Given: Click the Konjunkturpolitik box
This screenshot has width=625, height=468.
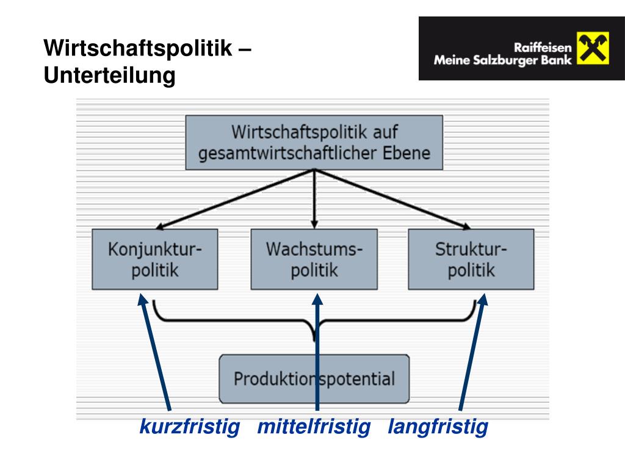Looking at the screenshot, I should point(154,259).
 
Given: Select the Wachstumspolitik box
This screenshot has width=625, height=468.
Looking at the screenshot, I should point(314,259).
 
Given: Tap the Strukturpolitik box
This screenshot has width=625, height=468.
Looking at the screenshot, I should point(471,259).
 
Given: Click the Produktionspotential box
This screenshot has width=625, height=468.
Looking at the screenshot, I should point(314,378).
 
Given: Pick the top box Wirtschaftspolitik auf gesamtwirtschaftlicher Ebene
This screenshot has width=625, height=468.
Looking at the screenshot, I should point(314,142).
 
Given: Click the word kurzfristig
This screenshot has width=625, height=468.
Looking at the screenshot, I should point(189,427).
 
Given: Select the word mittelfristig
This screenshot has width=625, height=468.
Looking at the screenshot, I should point(314,427).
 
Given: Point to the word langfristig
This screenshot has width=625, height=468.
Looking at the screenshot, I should point(438,427).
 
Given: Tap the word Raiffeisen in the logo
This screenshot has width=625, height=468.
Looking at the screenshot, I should point(542,48).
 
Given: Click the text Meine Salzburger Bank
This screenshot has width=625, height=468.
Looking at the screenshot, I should point(502,60).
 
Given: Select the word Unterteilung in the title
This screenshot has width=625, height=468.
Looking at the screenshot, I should point(109,76).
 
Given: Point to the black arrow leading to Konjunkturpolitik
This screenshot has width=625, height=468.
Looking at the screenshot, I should point(226,201).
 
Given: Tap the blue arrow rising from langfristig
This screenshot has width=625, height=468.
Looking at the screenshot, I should point(471,353).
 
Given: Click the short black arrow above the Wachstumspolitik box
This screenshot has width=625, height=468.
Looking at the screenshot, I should point(314,201).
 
